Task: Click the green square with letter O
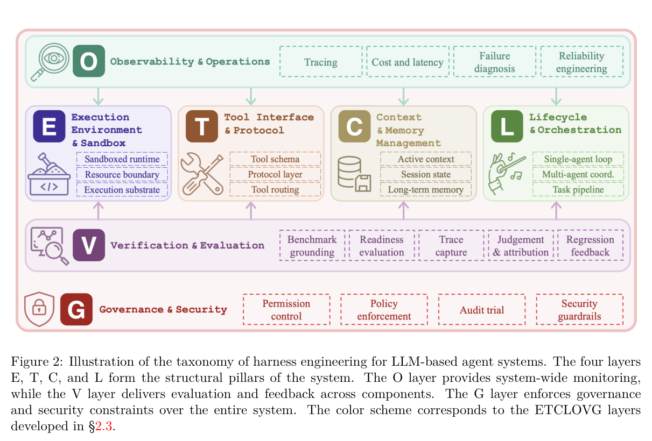[89, 61]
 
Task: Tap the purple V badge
[89, 245]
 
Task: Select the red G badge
[76, 309]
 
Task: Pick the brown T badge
[202, 126]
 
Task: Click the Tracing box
[321, 62]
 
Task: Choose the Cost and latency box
[408, 62]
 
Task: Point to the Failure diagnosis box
[495, 62]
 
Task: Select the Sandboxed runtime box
[122, 159]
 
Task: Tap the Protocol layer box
[275, 174]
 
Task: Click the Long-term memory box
[425, 189]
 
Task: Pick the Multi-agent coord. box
[578, 174]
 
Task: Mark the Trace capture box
[451, 245]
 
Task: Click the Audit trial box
[482, 310]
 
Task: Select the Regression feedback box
[590, 245]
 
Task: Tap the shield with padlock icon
[39, 309]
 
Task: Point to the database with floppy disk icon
[354, 174]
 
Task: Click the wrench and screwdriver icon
[202, 174]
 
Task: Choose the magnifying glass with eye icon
[50, 62]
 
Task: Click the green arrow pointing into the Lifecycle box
[556, 96]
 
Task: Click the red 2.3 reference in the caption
[103, 426]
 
